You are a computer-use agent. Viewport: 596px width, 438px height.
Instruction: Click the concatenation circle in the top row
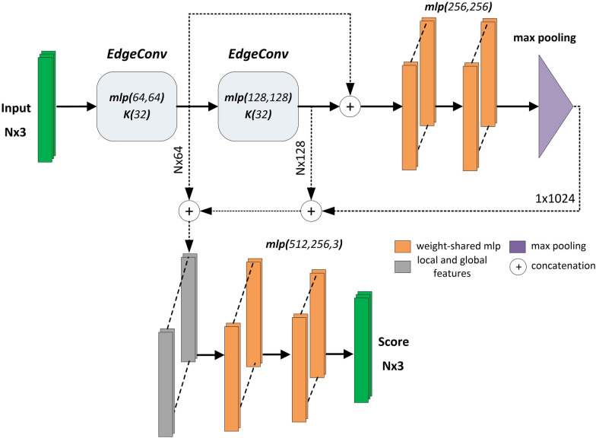point(350,107)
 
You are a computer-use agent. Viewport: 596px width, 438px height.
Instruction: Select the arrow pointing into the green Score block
point(339,354)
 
